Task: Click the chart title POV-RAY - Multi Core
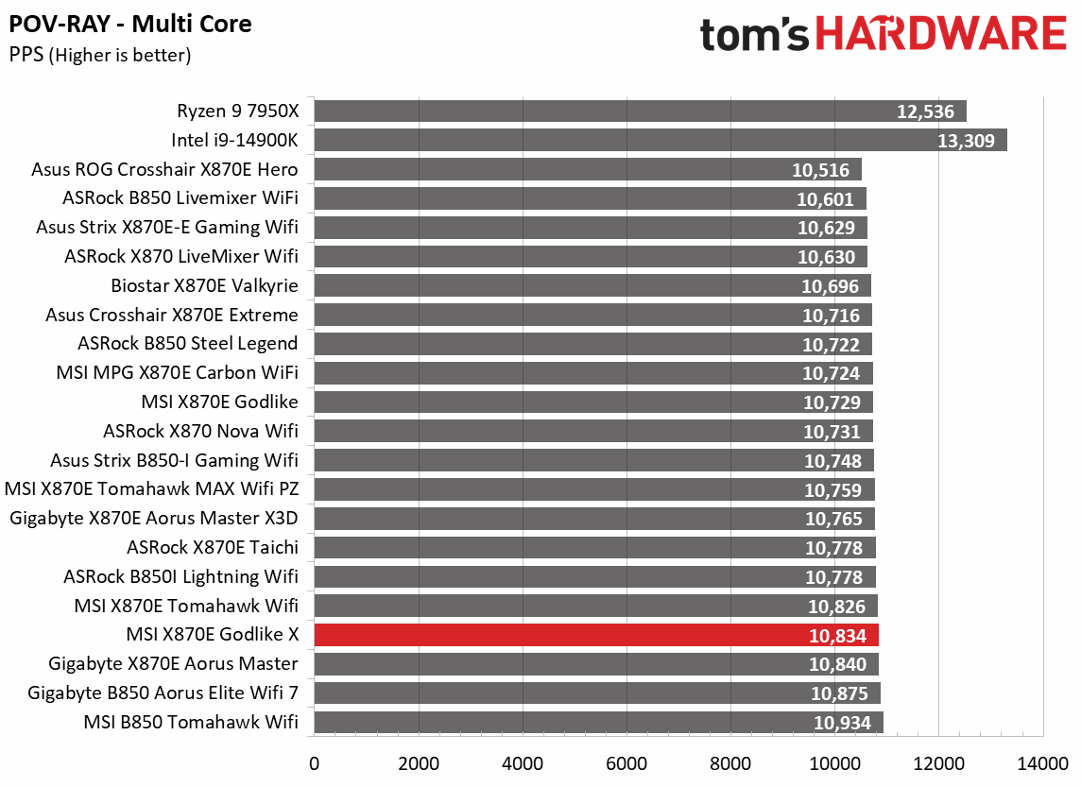click(x=130, y=24)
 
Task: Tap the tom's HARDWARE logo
click(x=883, y=36)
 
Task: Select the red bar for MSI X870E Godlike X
click(x=595, y=635)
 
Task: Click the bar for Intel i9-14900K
click(x=660, y=141)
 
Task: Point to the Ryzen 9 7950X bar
click(x=640, y=111)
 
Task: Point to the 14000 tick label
click(x=1042, y=763)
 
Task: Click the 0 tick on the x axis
click(x=315, y=763)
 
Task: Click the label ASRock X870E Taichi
click(x=213, y=547)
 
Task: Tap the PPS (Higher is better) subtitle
click(x=100, y=56)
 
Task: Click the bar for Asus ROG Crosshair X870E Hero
click(x=587, y=170)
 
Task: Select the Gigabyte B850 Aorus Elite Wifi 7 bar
click(x=596, y=693)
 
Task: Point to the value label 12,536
click(x=924, y=111)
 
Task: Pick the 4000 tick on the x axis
click(x=523, y=763)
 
